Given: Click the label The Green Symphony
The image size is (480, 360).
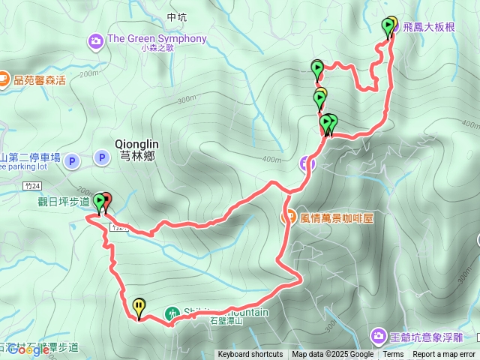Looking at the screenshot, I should pos(157,39).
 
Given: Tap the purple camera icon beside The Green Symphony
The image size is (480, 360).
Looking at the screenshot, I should pos(96,40).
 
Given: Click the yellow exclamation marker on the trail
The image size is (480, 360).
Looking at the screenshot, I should pos(139,306).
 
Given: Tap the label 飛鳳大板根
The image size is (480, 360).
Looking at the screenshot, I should pos(428,27).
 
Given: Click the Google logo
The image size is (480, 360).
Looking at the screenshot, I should pos(29,349).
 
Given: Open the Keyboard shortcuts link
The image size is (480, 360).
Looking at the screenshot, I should pos(250,355).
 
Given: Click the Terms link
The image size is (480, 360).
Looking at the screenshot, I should pos(393,355).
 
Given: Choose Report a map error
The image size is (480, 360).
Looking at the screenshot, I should pos(444,355).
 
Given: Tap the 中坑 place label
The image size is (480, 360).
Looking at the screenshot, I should pos(177,16).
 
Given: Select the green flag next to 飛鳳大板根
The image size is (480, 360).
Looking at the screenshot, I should pos(387,28).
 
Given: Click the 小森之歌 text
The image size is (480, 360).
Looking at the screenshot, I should pos(157,49).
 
